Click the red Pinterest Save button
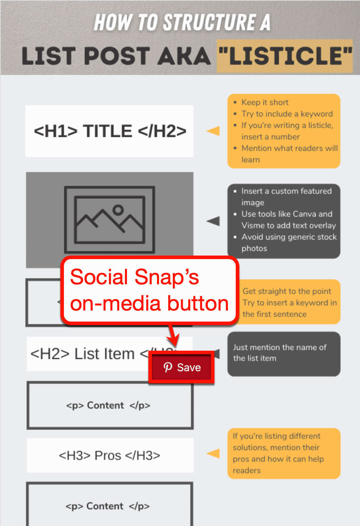click(181, 367)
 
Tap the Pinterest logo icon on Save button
click(168, 367)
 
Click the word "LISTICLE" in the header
click(285, 56)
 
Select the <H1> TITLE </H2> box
click(109, 131)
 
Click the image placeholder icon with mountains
click(109, 220)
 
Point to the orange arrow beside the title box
click(213, 131)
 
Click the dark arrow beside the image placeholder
click(213, 221)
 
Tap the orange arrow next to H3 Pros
click(213, 453)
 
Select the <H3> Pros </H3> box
click(110, 455)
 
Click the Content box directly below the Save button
click(110, 405)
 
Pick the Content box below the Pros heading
click(109, 506)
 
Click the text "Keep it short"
click(265, 103)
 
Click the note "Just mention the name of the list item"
click(280, 353)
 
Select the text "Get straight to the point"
click(287, 291)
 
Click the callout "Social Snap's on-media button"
click(149, 290)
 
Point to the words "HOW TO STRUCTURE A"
click(182, 22)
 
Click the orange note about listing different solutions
click(279, 453)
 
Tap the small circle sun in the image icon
click(118, 210)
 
